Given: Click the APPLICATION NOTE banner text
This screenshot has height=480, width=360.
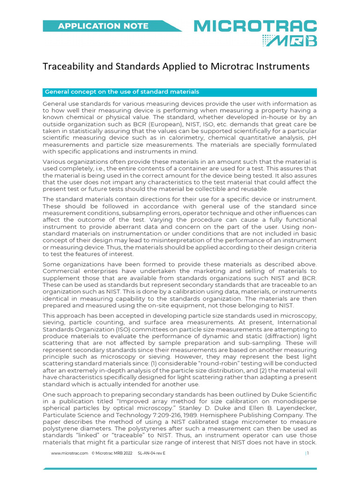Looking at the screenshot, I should tap(103, 26).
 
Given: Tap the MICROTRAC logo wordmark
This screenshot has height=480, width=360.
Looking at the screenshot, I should tap(255, 26).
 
